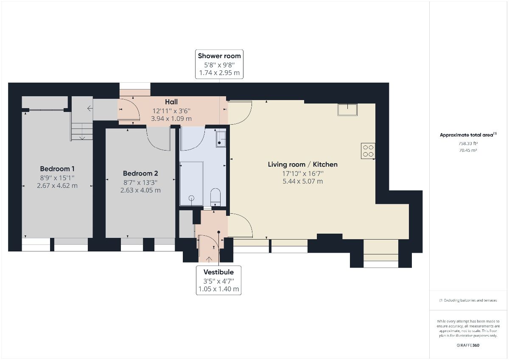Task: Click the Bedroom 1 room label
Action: [x=57, y=168]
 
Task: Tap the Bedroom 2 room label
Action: [x=140, y=173]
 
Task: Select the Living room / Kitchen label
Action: [x=302, y=165]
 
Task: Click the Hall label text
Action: [x=171, y=102]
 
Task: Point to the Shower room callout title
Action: [x=219, y=56]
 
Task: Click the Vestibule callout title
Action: [x=218, y=272]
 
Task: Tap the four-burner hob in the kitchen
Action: [x=368, y=151]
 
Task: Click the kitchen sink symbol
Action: [x=347, y=109]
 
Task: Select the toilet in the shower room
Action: [x=215, y=197]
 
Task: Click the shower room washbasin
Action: [x=221, y=139]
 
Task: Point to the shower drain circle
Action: [x=191, y=198]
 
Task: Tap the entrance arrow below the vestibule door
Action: [x=209, y=259]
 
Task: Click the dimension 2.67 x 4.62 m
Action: [x=57, y=186]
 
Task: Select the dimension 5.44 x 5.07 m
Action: [x=302, y=181]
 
